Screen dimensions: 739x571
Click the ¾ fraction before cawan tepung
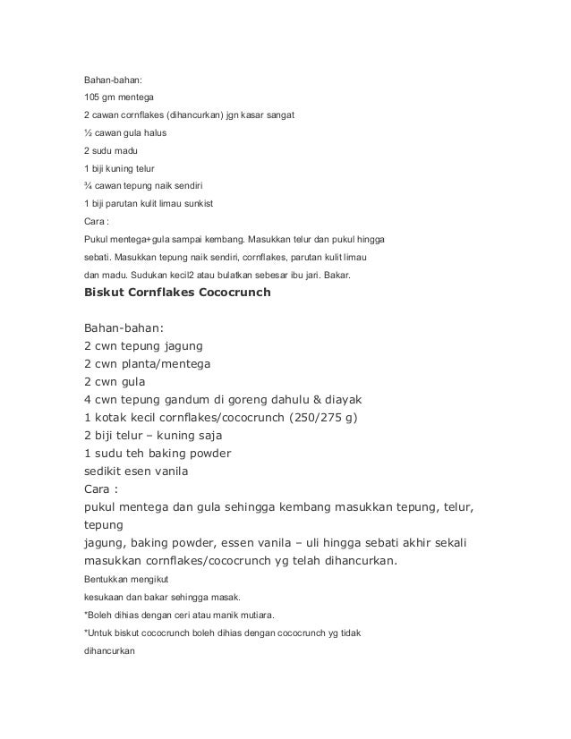(x=87, y=185)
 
